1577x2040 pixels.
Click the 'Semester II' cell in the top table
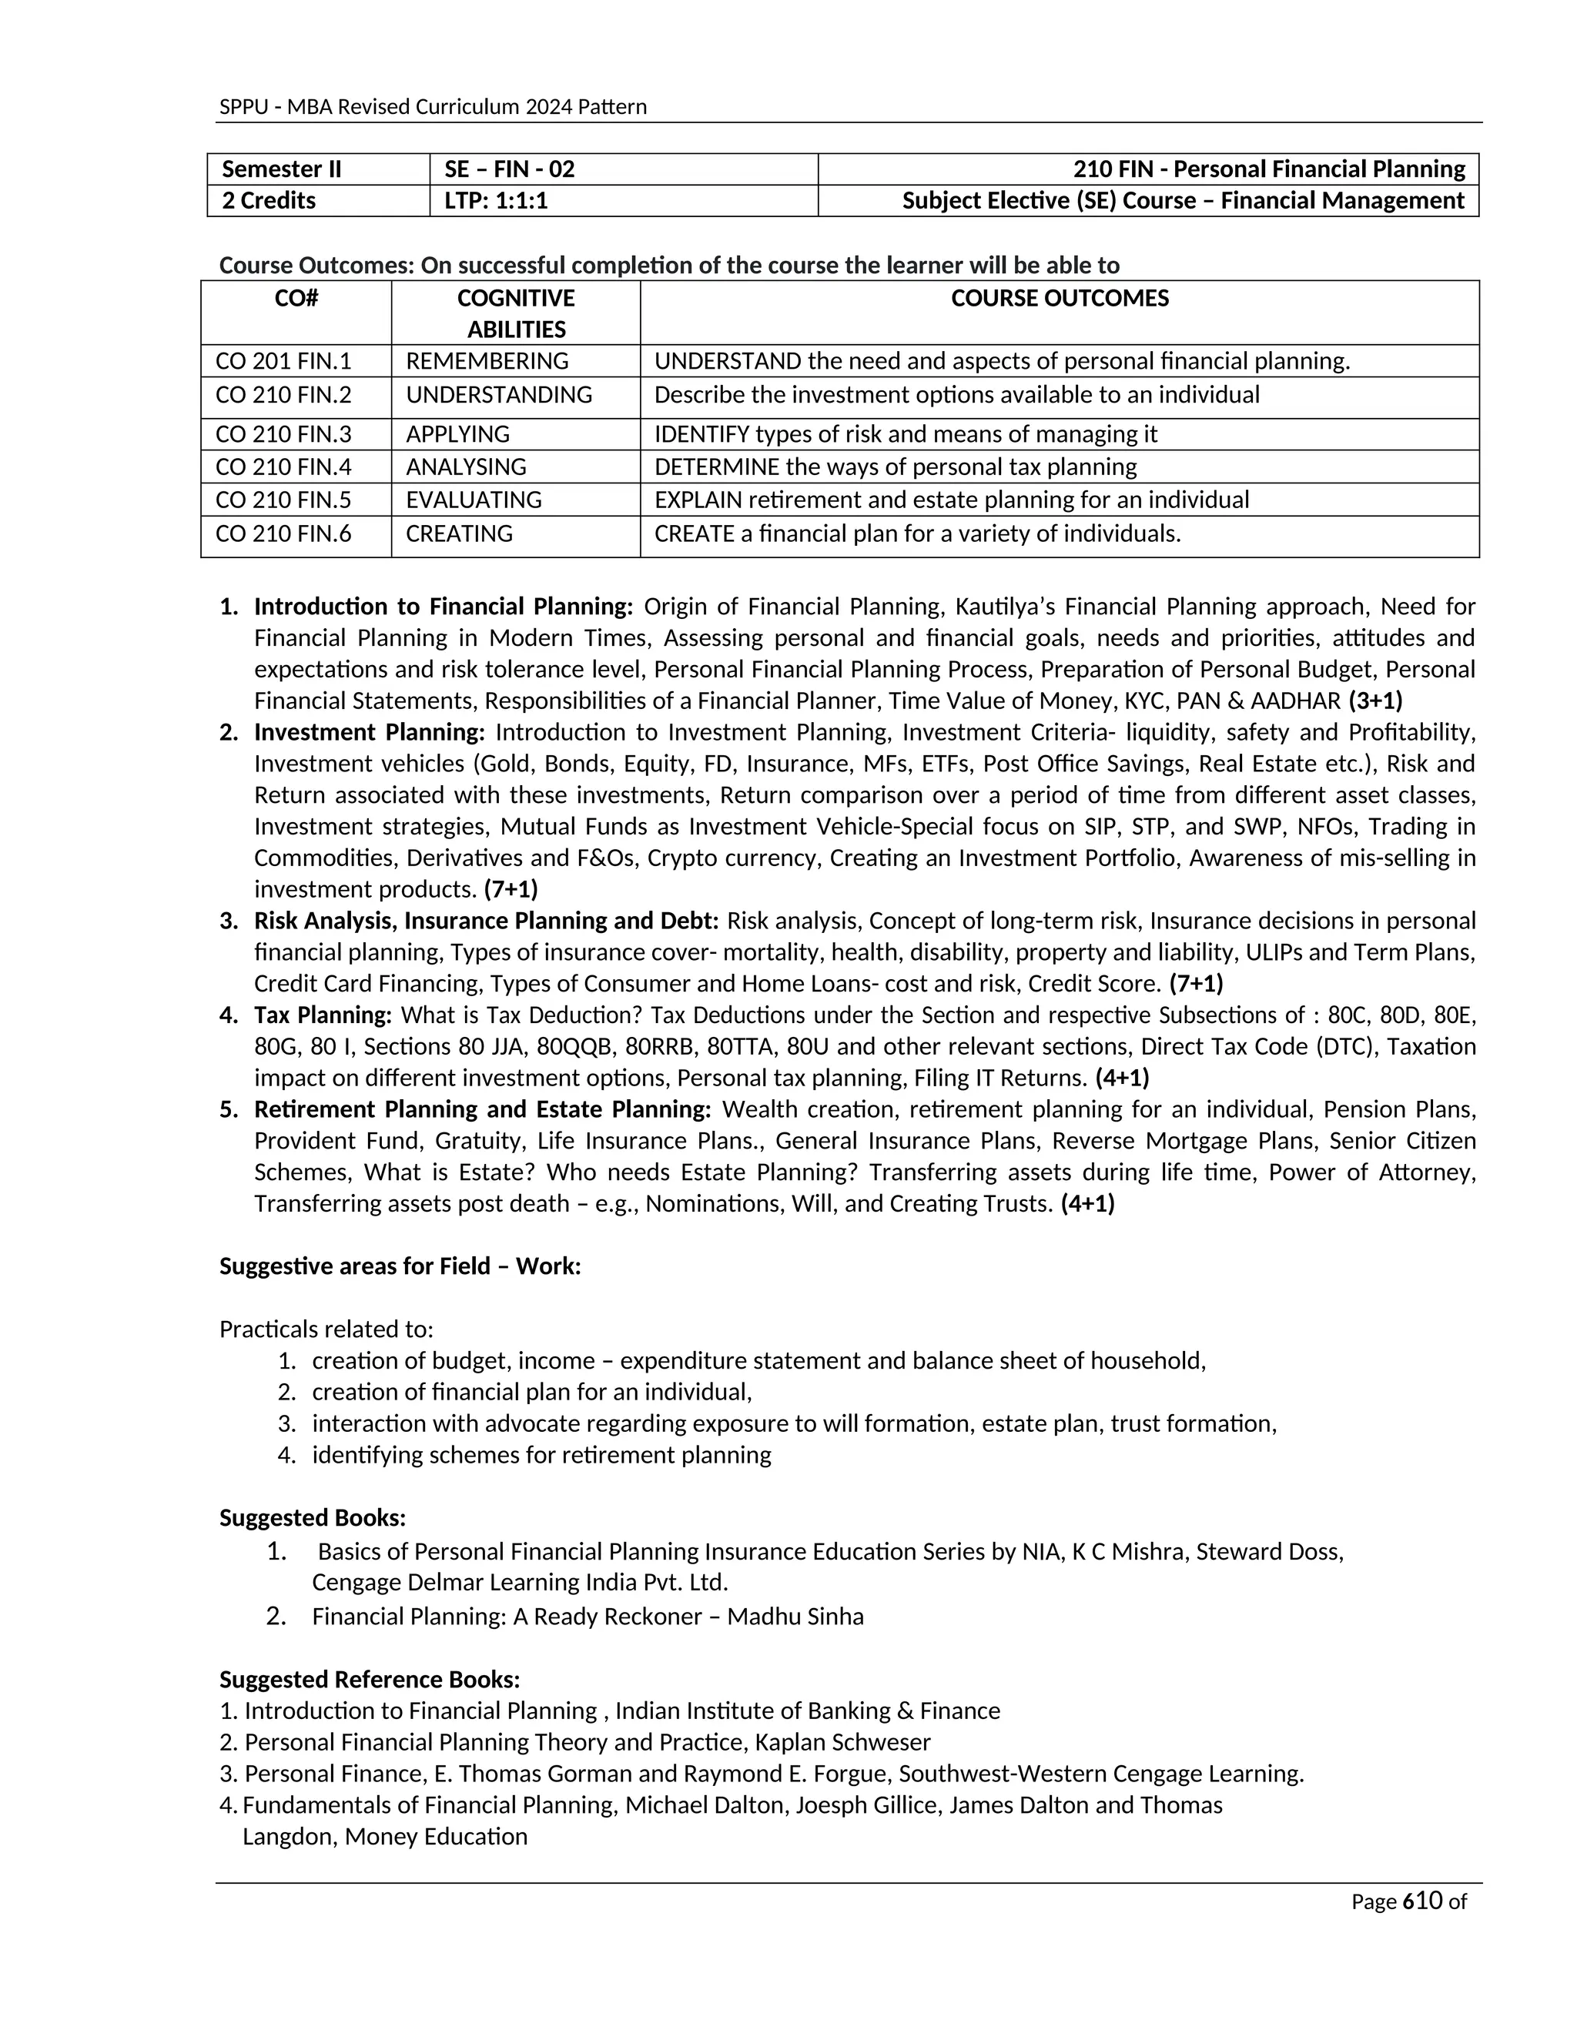[281, 169]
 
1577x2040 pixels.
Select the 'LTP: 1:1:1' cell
[495, 201]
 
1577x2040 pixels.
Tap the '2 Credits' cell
[269, 201]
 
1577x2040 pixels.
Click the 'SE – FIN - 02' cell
[509, 169]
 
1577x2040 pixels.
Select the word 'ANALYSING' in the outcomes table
[465, 467]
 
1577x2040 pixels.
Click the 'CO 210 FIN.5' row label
[283, 500]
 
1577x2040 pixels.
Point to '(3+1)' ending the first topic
[1375, 701]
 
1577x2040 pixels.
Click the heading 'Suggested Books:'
[312, 1518]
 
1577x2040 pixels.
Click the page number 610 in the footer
[1423, 1901]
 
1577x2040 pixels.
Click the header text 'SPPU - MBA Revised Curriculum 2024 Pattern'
[433, 106]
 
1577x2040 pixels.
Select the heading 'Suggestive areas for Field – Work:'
[400, 1266]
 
